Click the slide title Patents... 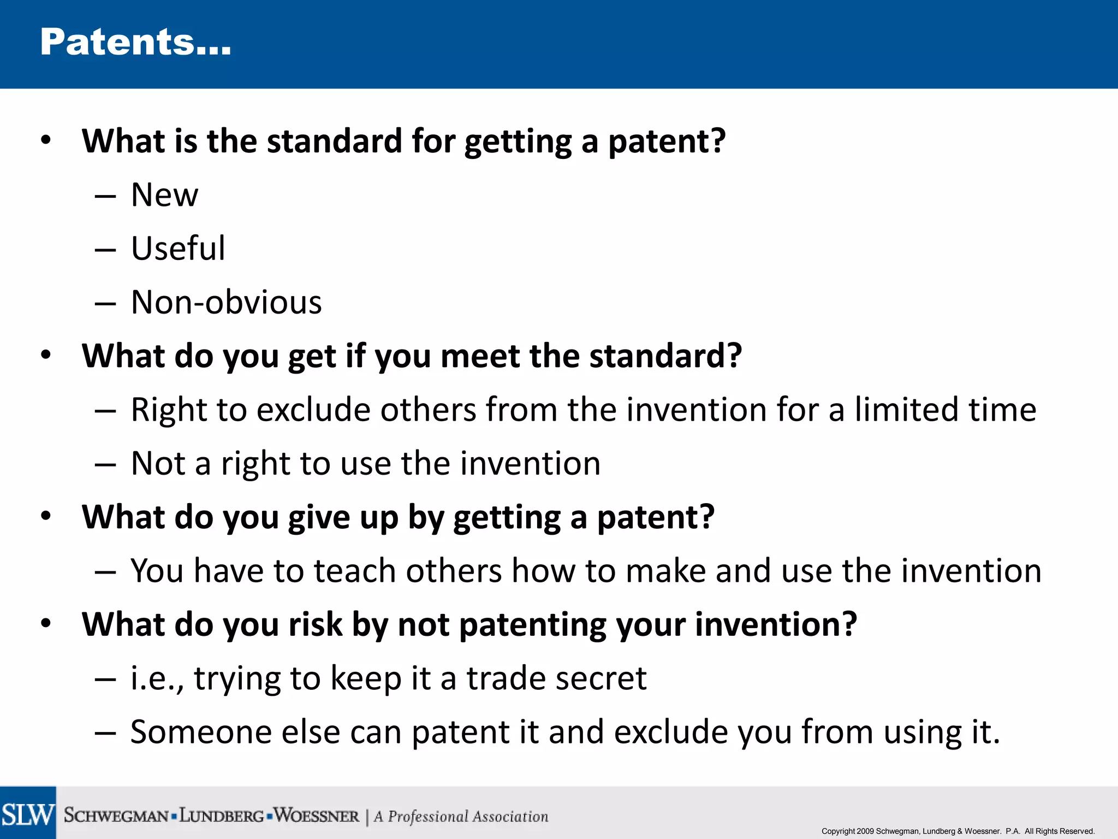click(x=135, y=43)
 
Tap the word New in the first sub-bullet click(x=164, y=195)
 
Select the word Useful click(x=178, y=249)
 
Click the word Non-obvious click(x=227, y=302)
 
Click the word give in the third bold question click(x=319, y=517)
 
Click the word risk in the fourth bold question click(x=315, y=624)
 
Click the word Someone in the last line click(x=201, y=732)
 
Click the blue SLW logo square click(x=28, y=813)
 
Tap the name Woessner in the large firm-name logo click(x=317, y=816)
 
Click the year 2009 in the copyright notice click(x=865, y=831)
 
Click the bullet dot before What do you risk click(x=46, y=623)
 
